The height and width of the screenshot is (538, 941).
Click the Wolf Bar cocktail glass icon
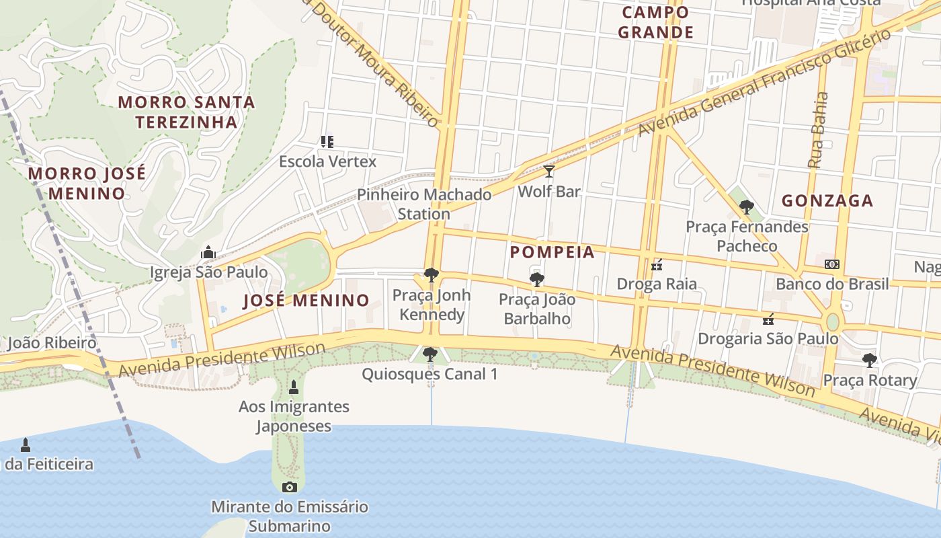pos(549,171)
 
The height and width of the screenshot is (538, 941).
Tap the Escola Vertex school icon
pos(327,142)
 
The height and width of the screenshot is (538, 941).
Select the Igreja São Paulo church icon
pos(208,253)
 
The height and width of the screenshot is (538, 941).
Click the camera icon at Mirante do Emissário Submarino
pos(290,487)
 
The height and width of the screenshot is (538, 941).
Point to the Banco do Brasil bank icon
pos(832,264)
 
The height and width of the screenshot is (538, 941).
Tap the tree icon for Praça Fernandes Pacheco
pos(746,207)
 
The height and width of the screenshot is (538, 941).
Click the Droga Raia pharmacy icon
pos(657,265)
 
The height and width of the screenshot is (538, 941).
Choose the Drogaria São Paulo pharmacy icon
pos(768,319)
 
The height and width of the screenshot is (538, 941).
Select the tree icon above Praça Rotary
pos(870,360)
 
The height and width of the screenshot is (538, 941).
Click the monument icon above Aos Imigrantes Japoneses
pos(293,387)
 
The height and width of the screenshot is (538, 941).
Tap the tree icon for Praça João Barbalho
pos(536,279)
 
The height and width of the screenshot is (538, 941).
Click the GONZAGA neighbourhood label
pos(827,200)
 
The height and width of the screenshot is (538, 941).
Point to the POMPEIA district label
pos(553,252)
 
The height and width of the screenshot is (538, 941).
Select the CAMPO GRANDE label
pos(655,22)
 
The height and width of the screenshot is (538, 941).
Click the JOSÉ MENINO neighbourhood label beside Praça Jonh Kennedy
pos(306,300)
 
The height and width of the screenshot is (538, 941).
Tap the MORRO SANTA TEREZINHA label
pos(187,112)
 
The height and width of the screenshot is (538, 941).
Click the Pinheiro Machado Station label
pos(424,204)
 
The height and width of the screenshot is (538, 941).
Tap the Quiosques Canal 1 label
pos(429,374)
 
